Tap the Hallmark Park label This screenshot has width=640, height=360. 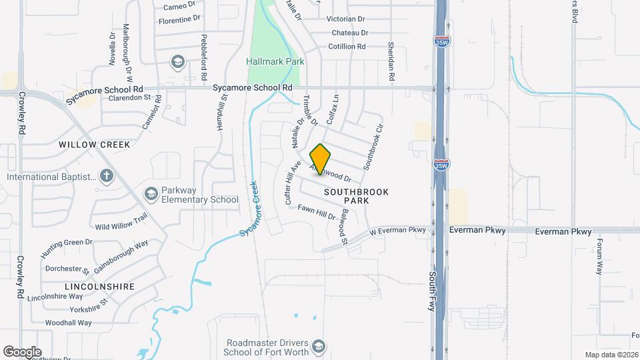275,61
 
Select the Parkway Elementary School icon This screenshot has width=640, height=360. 151,194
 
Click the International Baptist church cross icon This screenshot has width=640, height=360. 106,176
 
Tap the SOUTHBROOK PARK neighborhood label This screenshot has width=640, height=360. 356,196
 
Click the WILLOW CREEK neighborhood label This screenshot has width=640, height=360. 94,144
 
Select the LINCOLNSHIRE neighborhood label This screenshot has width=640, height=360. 99,287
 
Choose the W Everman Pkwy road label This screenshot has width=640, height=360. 397,231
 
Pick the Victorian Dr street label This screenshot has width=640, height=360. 347,19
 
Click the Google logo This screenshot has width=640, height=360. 22,351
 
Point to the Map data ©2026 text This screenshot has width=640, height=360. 611,355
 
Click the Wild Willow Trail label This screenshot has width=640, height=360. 121,222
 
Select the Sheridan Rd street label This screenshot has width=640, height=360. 391,63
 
